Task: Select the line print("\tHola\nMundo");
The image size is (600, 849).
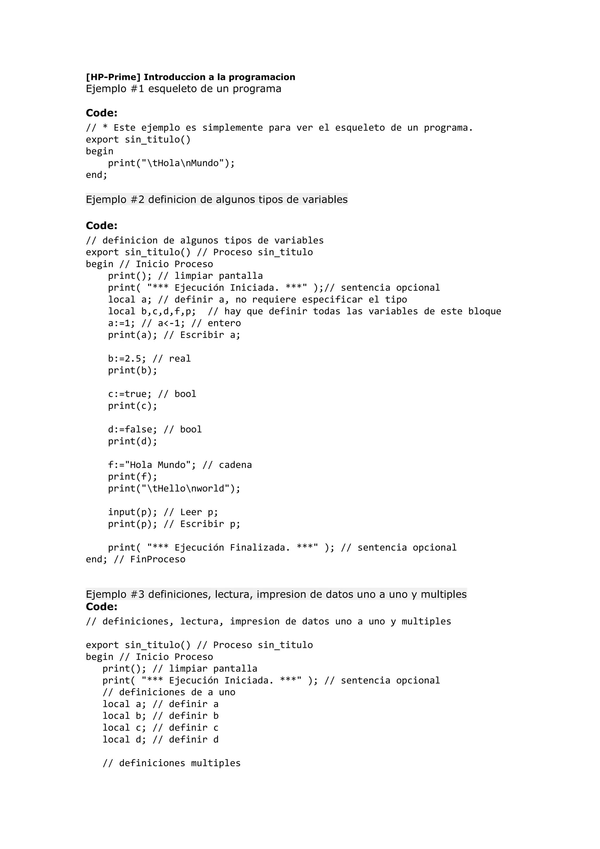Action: point(171,163)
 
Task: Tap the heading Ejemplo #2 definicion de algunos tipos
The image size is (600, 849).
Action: point(217,200)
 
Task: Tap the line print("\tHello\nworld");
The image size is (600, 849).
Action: point(174,489)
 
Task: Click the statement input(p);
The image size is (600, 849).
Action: point(133,512)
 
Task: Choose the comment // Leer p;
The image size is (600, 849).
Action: point(191,512)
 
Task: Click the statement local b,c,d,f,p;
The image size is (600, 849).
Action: point(152,311)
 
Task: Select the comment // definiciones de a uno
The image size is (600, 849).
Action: point(168,692)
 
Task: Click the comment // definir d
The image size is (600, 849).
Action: point(185,740)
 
